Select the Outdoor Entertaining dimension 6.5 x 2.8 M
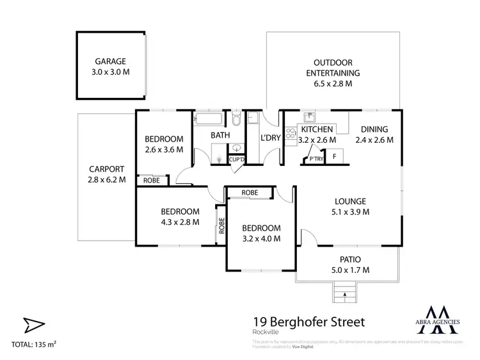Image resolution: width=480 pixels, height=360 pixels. (332, 84)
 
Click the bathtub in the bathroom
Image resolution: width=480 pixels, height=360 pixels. (209, 119)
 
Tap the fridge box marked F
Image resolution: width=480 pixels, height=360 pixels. (334, 157)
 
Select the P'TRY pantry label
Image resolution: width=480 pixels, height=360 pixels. (316, 158)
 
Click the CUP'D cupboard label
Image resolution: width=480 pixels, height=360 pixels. (236, 158)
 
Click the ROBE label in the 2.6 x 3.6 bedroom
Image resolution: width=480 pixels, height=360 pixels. (152, 181)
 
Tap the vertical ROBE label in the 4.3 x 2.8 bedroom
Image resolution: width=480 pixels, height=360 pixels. (221, 225)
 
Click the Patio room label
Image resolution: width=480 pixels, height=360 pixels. (348, 259)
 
